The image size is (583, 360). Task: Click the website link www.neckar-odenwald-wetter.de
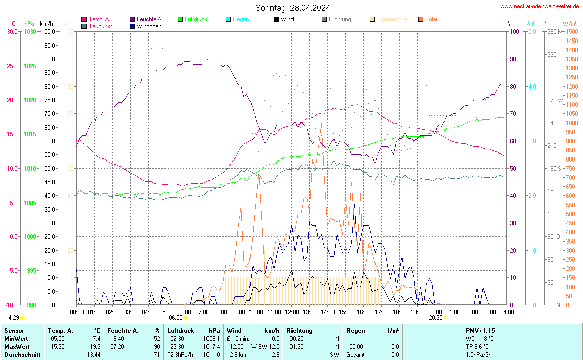coord(539,6)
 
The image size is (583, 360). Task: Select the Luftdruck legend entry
coord(192,19)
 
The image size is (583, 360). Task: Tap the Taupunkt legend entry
coord(100,26)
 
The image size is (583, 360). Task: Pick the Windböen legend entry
coord(149,26)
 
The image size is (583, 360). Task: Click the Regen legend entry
coord(240,19)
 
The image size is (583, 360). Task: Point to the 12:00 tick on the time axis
coord(292,312)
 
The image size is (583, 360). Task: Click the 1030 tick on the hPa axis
coord(30,31)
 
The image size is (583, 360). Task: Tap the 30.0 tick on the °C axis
coord(12,31)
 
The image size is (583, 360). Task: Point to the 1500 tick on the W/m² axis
coord(572,31)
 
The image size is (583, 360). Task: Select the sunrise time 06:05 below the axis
coord(175,318)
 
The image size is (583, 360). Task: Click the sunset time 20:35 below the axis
coord(435,318)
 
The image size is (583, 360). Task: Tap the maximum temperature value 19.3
coord(96,347)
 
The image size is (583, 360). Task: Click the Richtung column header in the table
coord(299,331)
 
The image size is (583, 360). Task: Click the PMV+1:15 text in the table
coord(480,331)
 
